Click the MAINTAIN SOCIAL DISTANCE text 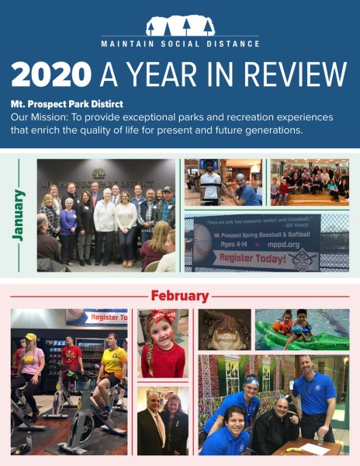pyautogui.click(x=180, y=43)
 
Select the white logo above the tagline pyautogui.click(x=180, y=24)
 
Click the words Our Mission pyautogui.click(x=39, y=116)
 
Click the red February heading pyautogui.click(x=179, y=296)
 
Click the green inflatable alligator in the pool pyautogui.click(x=295, y=339)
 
